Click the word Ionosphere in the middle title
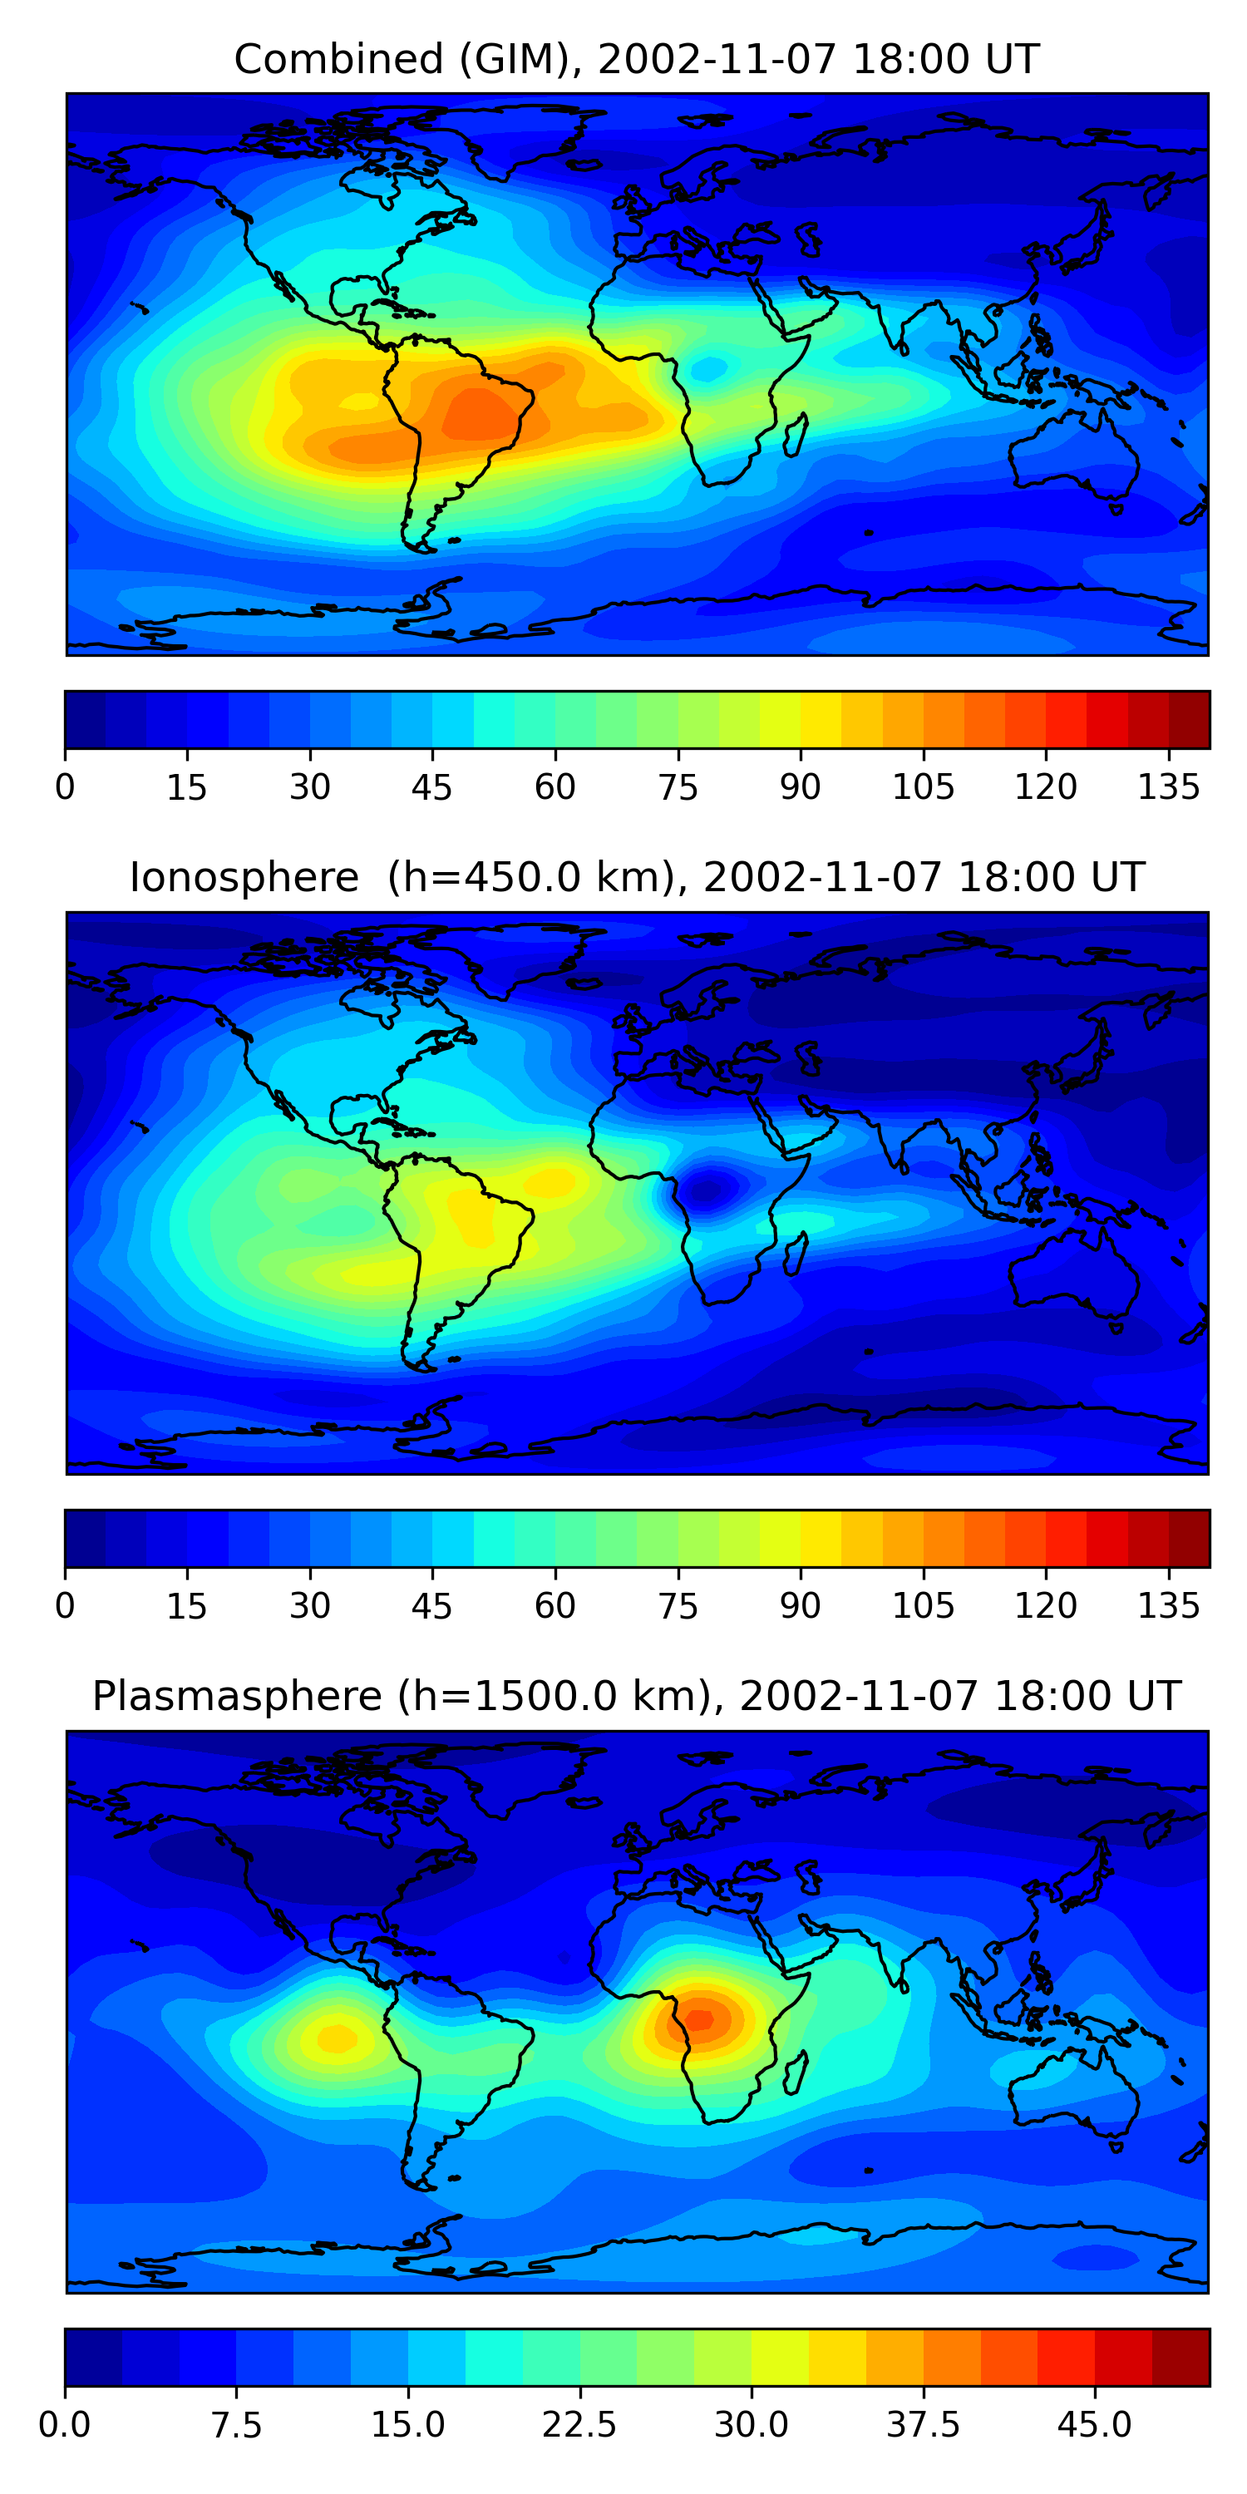[244, 877]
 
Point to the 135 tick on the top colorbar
[1169, 787]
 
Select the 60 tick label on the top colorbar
[554, 787]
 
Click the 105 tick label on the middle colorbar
[923, 1605]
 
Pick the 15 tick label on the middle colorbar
[187, 1605]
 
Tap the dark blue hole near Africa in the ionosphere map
[707, 1188]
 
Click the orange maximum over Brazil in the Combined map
[479, 414]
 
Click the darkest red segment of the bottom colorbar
[1180, 2357]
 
